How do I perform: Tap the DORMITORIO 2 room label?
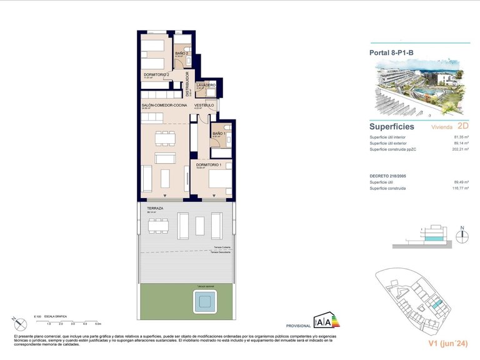(157, 74)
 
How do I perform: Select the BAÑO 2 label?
(181, 54)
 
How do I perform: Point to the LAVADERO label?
(206, 85)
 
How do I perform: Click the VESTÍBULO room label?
(204, 105)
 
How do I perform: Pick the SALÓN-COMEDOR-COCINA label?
(164, 105)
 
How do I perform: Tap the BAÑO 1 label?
(218, 134)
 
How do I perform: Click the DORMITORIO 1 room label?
(209, 165)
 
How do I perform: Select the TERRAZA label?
(155, 208)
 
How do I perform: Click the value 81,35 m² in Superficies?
(461, 137)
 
